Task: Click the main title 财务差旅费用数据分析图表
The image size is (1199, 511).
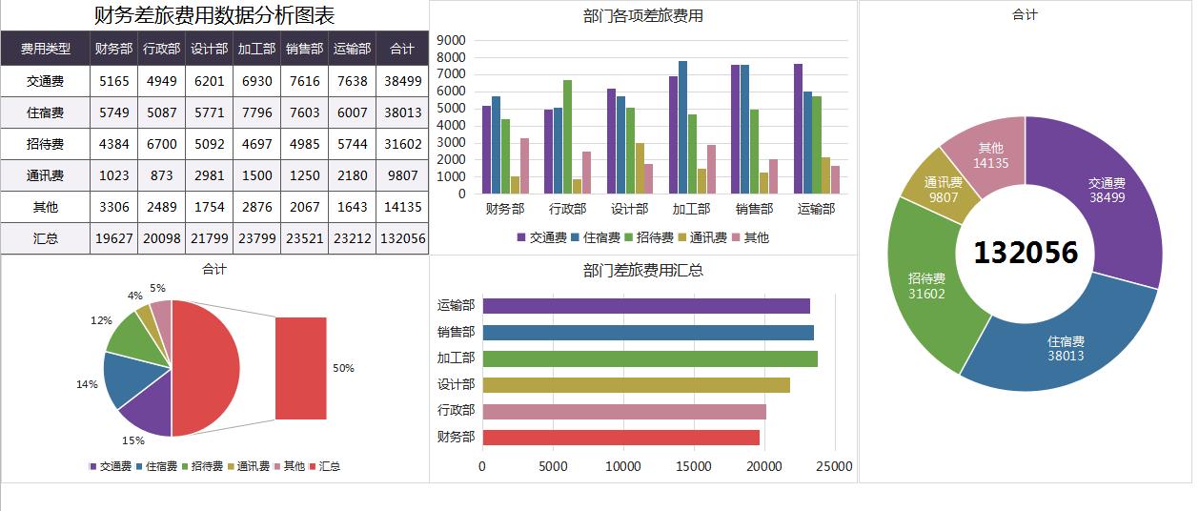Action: pyautogui.click(x=214, y=16)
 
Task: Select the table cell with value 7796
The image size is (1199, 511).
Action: pyautogui.click(x=256, y=112)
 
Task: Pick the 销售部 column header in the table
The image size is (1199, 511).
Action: pyautogui.click(x=304, y=49)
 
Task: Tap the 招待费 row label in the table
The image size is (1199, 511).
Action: pyautogui.click(x=45, y=144)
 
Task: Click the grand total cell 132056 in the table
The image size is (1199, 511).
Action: pyautogui.click(x=402, y=238)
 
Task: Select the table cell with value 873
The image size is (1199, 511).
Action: pyautogui.click(x=162, y=175)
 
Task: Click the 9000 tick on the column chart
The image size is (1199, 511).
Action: pyautogui.click(x=451, y=40)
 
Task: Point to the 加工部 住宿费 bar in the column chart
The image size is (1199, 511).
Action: pyautogui.click(x=682, y=127)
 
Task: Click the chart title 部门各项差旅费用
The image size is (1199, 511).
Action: pyautogui.click(x=642, y=16)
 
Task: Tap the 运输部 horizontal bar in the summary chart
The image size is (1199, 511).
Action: pyautogui.click(x=646, y=306)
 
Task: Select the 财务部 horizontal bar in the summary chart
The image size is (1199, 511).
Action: pyautogui.click(x=621, y=438)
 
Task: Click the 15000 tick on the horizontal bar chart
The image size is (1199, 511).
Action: pyautogui.click(x=693, y=466)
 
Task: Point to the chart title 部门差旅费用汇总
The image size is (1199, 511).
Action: pyautogui.click(x=642, y=270)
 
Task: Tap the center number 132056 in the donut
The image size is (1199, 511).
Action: pyautogui.click(x=1026, y=253)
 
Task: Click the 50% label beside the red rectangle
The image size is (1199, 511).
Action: pyautogui.click(x=343, y=368)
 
